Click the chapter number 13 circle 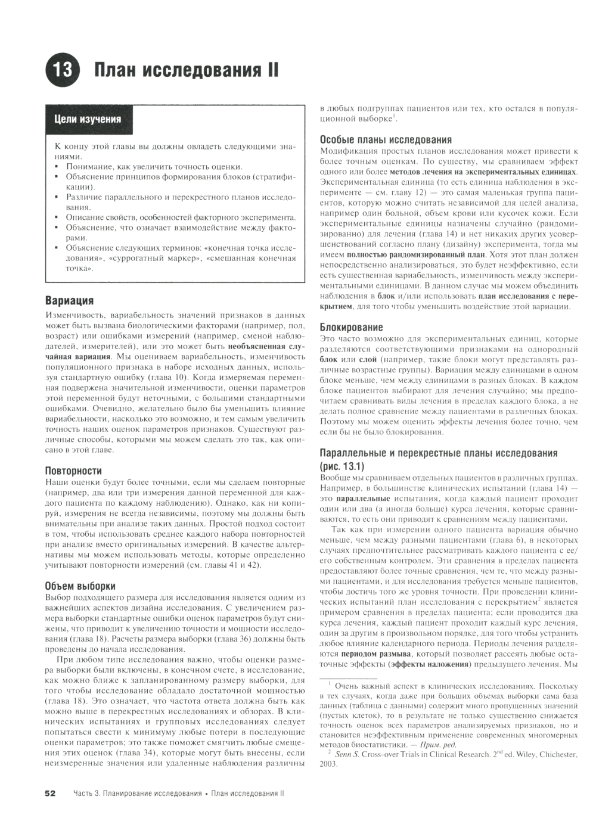pos(62,70)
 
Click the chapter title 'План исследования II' pos(187,70)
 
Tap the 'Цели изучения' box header pos(88,119)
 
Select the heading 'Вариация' pos(70,301)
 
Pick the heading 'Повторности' pos(74,470)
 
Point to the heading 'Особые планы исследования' pos(386,139)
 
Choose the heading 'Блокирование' pos(351,327)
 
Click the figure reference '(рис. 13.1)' pos(342,465)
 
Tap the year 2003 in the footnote pos(328,765)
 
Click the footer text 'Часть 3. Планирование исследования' pos(138,793)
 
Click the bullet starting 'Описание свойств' pos(181,217)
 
